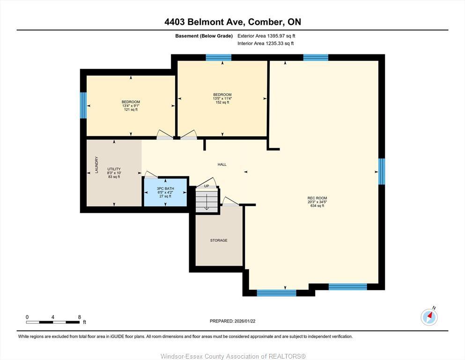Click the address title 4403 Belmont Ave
pyautogui.click(x=232, y=22)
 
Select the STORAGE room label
pyautogui.click(x=219, y=240)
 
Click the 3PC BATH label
pyautogui.click(x=165, y=188)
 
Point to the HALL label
pyautogui.click(x=222, y=165)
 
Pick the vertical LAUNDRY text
pyautogui.click(x=97, y=165)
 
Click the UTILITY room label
pyautogui.click(x=114, y=169)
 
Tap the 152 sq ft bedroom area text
pyautogui.click(x=222, y=102)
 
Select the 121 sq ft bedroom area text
pyautogui.click(x=131, y=110)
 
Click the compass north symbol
pyautogui.click(x=429, y=317)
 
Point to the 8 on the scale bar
pyautogui.click(x=79, y=317)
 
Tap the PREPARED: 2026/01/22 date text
pyautogui.click(x=232, y=321)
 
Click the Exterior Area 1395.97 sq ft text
pyautogui.click(x=266, y=36)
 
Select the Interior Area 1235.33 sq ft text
pyautogui.click(x=266, y=44)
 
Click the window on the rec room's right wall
pyautogui.click(x=382, y=172)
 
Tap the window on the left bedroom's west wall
pyautogui.click(x=83, y=105)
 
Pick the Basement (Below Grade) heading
pyautogui.click(x=204, y=36)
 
